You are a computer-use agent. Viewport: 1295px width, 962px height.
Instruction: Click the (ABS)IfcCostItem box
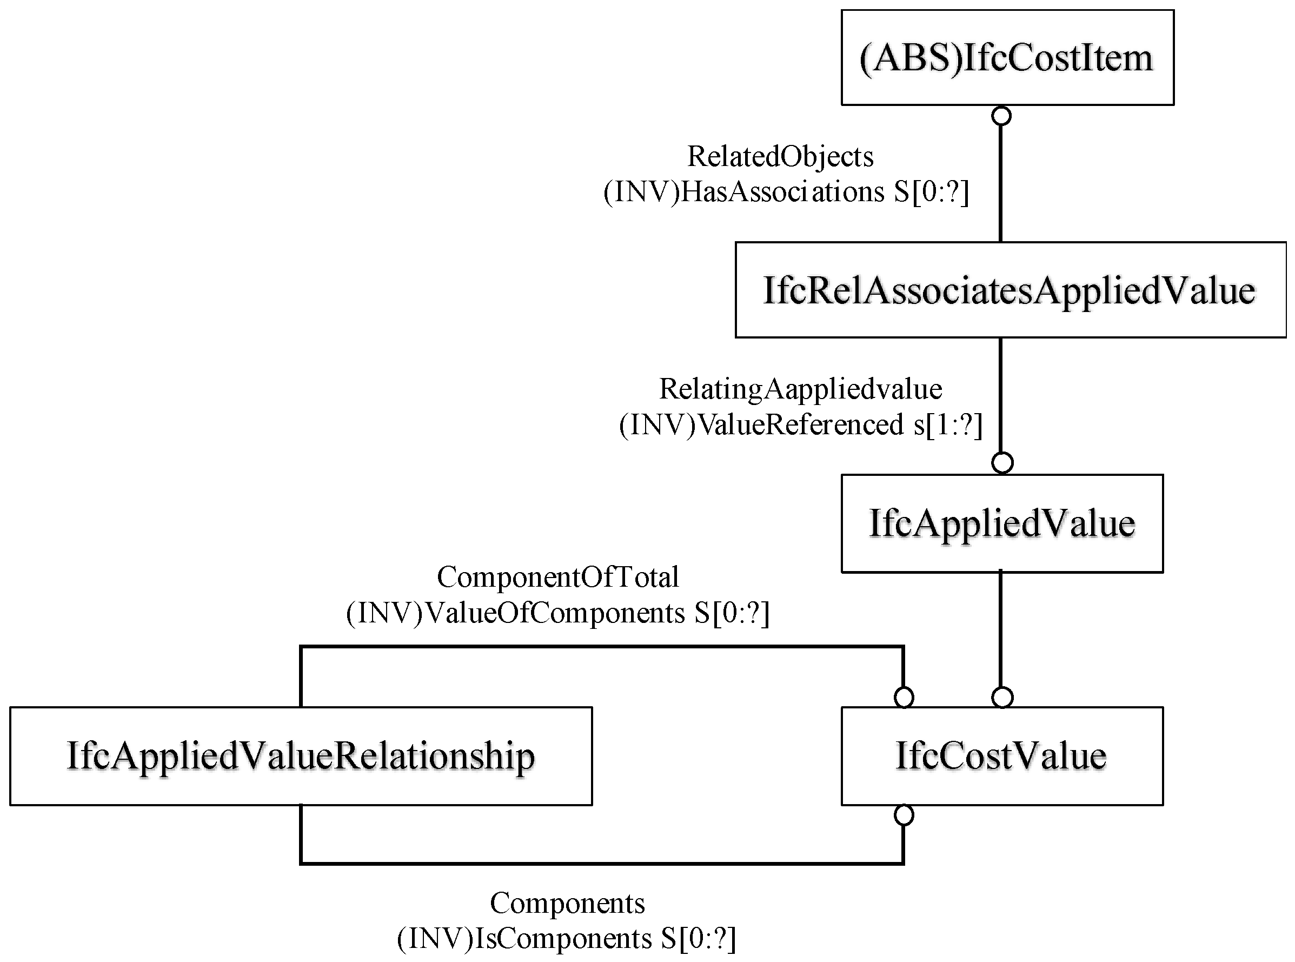click(1007, 58)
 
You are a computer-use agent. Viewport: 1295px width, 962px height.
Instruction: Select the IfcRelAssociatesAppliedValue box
click(1010, 289)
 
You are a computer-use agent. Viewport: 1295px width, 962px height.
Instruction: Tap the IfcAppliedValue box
click(1001, 523)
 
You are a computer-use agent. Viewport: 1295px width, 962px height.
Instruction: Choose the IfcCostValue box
click(1001, 756)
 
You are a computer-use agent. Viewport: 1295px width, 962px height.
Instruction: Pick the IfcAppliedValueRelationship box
click(301, 756)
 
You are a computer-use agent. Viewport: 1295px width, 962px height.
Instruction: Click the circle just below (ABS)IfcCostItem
click(1001, 116)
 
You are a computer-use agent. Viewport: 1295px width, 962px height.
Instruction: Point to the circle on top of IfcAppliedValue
click(1002, 463)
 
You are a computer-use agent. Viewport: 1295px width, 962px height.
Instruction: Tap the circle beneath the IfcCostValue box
click(903, 815)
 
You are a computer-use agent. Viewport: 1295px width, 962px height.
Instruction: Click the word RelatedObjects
click(780, 156)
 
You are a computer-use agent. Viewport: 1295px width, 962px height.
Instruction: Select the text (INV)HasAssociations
click(743, 191)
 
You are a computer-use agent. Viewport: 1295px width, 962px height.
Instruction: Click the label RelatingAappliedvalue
click(800, 388)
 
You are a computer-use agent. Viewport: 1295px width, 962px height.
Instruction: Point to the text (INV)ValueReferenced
click(761, 424)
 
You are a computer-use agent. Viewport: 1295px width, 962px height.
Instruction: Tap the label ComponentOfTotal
click(558, 577)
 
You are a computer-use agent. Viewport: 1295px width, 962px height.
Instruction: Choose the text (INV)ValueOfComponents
click(515, 613)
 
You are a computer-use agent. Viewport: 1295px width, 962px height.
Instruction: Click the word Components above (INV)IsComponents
click(567, 903)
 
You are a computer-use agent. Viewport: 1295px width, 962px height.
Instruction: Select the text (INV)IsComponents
click(524, 938)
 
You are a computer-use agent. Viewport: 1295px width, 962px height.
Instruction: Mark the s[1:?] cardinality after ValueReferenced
click(947, 424)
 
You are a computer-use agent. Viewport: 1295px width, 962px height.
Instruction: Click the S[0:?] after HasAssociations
click(932, 191)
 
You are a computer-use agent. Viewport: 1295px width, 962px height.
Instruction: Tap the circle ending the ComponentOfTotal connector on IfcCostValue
click(903, 697)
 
